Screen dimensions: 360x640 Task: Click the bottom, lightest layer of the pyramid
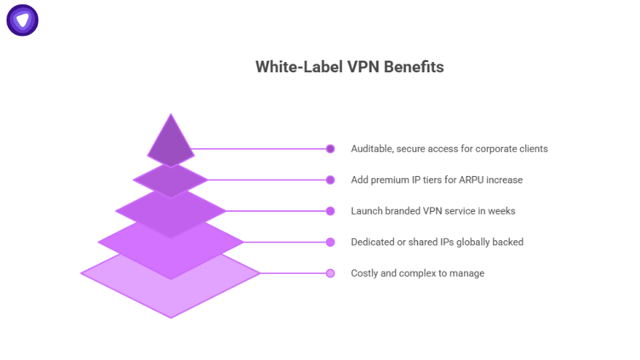170,292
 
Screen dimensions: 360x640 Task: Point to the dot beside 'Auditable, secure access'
330,149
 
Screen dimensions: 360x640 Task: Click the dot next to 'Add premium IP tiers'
330,180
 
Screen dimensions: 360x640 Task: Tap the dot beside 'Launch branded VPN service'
330,211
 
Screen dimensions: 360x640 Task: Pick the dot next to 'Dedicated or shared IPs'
330,242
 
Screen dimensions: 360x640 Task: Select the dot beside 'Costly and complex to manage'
330,273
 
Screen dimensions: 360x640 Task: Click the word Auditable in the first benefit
373,149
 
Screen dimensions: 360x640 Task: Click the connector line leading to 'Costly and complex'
292,273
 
